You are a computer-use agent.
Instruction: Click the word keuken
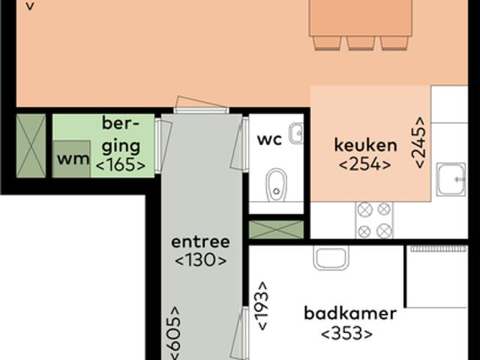pyautogui.click(x=365, y=145)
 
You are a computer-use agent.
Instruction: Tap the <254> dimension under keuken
pyautogui.click(x=365, y=164)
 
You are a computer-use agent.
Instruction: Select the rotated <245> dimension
pyautogui.click(x=419, y=142)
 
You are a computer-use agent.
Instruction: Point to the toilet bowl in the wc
pyautogui.click(x=276, y=184)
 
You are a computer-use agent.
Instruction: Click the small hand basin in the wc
pyautogui.click(x=296, y=133)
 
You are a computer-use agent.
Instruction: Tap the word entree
pyautogui.click(x=200, y=242)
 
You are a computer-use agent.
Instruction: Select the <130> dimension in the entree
pyautogui.click(x=200, y=260)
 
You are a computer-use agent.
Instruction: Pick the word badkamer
pyautogui.click(x=350, y=313)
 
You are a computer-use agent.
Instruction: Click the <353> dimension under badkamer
pyautogui.click(x=346, y=334)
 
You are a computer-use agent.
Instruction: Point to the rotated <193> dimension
pyautogui.click(x=262, y=306)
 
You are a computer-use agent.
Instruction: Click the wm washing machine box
pyautogui.click(x=72, y=159)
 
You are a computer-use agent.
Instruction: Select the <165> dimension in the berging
pyautogui.click(x=121, y=164)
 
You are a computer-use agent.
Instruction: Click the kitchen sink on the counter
pyautogui.click(x=451, y=178)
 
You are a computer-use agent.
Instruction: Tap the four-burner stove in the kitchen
pyautogui.click(x=374, y=220)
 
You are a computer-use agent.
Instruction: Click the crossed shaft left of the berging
pyautogui.click(x=31, y=145)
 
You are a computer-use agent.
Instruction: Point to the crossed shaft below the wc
pyautogui.click(x=276, y=229)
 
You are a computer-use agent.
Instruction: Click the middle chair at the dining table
pyautogui.click(x=361, y=43)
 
